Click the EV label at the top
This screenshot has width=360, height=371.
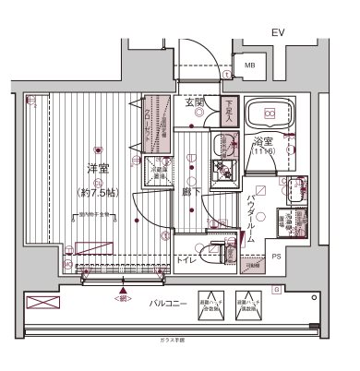277,34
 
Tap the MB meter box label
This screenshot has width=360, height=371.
250,66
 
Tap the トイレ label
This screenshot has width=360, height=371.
186,261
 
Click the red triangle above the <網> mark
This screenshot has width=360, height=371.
121,289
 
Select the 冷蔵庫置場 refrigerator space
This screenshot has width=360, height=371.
159,173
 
